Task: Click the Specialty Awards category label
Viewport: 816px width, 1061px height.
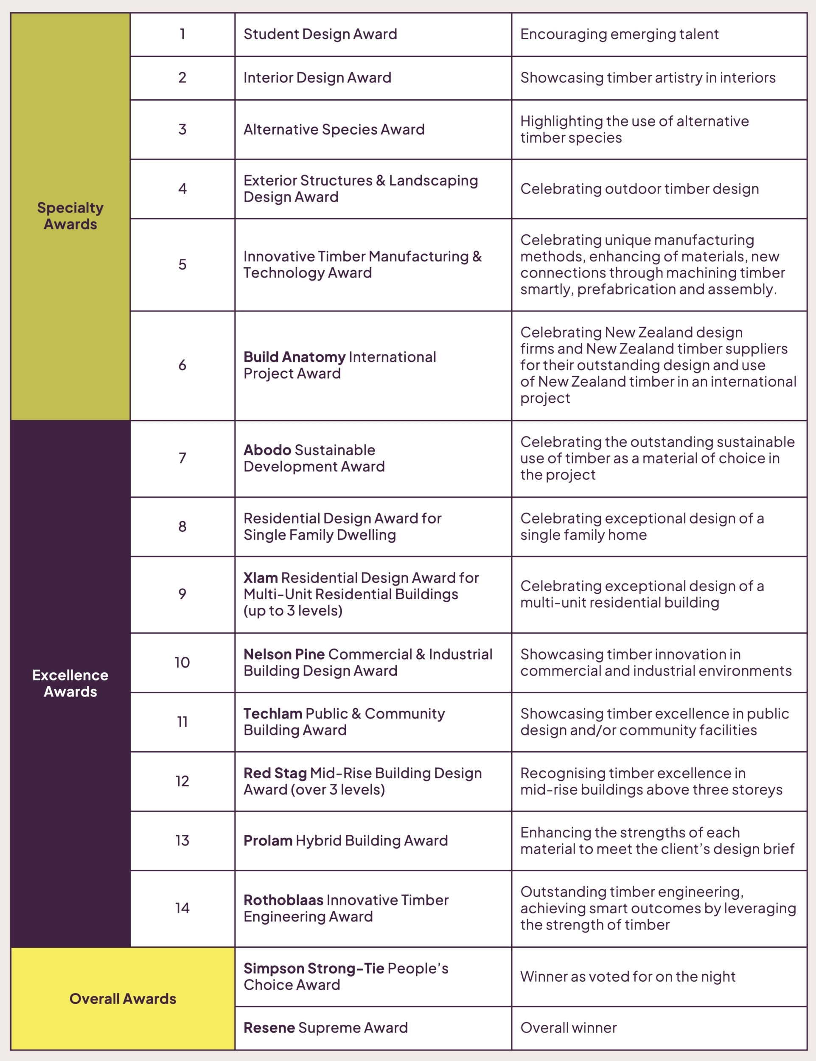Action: click(x=70, y=216)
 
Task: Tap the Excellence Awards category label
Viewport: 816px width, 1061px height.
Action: click(x=70, y=683)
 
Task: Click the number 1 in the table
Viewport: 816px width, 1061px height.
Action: click(x=182, y=34)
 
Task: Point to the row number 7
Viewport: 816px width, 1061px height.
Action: click(x=182, y=458)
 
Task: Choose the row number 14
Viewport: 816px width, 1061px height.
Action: click(x=182, y=908)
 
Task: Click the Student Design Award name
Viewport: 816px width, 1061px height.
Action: click(x=320, y=34)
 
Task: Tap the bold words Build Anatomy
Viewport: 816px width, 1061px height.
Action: click(x=294, y=357)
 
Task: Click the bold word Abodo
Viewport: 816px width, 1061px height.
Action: click(x=267, y=450)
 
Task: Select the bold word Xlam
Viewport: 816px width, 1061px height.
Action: click(x=261, y=578)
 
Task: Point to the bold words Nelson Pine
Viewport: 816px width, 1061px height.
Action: click(x=284, y=654)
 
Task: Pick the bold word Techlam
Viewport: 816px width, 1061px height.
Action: click(x=273, y=714)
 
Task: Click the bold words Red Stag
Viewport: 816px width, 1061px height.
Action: click(x=275, y=773)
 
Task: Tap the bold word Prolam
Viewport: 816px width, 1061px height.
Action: click(x=268, y=840)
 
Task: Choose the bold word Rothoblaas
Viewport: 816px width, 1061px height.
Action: click(x=283, y=900)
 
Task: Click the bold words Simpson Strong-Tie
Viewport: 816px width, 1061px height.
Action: click(x=314, y=968)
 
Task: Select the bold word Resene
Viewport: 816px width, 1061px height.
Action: click(x=269, y=1027)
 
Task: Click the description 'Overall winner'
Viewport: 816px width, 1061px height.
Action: click(x=568, y=1027)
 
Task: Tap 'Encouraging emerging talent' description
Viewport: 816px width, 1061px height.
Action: click(x=619, y=34)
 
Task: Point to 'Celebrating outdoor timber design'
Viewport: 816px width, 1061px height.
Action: click(x=639, y=188)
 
